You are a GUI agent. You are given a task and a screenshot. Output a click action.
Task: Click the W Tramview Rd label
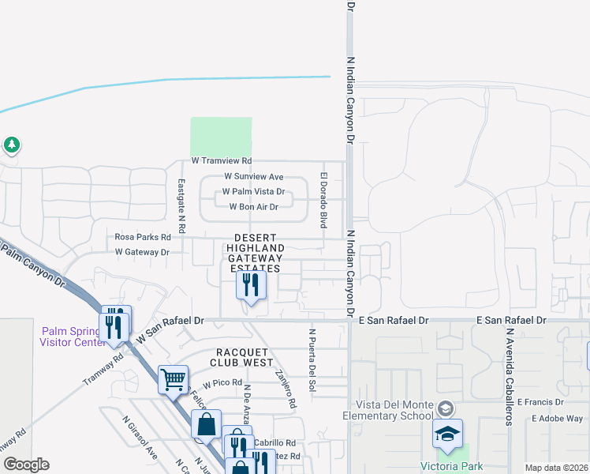click(x=221, y=161)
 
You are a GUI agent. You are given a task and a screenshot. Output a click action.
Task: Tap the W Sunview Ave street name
click(x=253, y=177)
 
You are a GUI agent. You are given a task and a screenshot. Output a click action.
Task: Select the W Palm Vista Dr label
click(x=253, y=192)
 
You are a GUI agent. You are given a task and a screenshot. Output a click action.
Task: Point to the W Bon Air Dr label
click(x=253, y=207)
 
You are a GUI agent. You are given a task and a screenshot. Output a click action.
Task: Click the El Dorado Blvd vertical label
click(x=323, y=201)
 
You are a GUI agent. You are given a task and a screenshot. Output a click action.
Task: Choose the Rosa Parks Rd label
click(x=143, y=237)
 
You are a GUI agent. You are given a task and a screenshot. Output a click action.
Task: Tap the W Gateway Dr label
click(x=142, y=252)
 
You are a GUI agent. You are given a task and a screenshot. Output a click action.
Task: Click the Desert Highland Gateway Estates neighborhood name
click(x=255, y=253)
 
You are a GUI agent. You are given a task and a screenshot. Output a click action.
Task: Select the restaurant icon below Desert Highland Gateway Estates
click(x=251, y=286)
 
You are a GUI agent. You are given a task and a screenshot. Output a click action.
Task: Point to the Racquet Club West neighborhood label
click(x=241, y=357)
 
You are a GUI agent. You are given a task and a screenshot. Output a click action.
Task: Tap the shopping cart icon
click(x=173, y=379)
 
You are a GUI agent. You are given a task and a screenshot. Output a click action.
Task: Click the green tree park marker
click(x=11, y=145)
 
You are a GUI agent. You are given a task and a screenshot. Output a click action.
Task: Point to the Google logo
click(x=27, y=465)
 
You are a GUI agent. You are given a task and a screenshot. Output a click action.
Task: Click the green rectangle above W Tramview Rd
click(x=221, y=136)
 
